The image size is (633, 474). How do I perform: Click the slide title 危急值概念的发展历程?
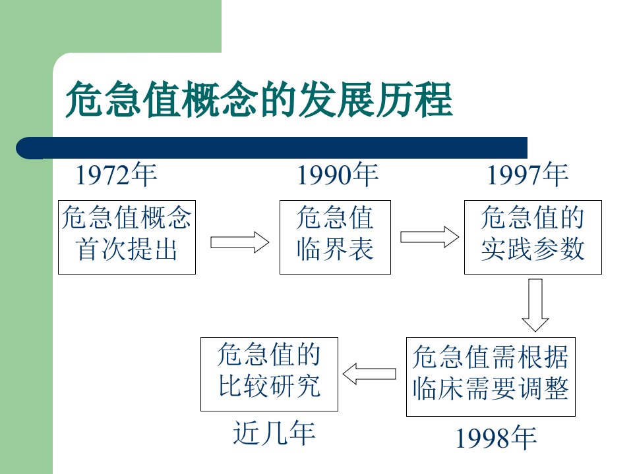coord(258,99)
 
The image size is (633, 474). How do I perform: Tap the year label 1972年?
coord(116,174)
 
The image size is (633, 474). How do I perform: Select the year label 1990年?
coord(338,174)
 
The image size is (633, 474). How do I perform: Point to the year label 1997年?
coord(527,174)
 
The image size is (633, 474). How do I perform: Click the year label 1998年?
coord(496,438)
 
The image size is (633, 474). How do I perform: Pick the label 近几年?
coord(274,433)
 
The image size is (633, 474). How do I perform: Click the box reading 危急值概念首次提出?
coord(127,238)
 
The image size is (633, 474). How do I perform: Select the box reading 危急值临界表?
coord(335,238)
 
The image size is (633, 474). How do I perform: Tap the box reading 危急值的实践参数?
coord(533,238)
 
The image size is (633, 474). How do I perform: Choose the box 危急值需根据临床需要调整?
coord(491,377)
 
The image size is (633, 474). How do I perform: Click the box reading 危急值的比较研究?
coord(269,375)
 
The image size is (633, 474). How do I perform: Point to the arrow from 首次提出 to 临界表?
coord(239,242)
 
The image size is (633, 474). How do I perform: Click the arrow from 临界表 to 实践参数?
coord(429,237)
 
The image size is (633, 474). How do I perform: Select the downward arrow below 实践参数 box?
coord(535,305)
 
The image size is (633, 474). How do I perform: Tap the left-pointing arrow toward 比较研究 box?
coord(369,374)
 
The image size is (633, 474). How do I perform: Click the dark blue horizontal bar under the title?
coord(272,147)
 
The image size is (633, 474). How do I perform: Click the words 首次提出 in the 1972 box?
coord(127,249)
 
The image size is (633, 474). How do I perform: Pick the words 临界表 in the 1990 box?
coord(335,249)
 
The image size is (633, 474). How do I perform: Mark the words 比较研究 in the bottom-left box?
coord(269,386)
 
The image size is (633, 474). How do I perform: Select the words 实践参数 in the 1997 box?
coord(533,249)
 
